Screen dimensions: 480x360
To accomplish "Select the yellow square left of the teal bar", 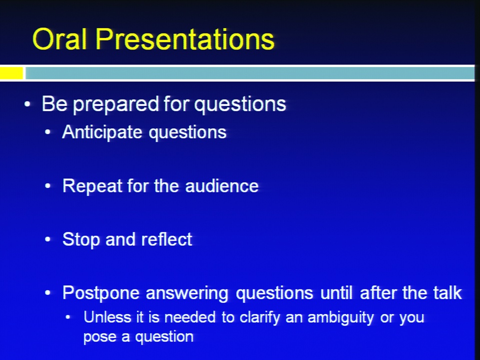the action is tap(11, 73).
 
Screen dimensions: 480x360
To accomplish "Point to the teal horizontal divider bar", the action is tap(250, 73).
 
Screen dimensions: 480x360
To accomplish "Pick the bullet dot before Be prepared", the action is tap(27, 104).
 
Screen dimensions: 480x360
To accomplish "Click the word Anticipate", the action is tap(102, 132).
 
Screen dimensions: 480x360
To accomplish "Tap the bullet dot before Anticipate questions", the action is tap(47, 132).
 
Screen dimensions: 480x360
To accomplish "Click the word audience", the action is tap(222, 186).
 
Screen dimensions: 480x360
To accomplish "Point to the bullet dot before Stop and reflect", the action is tap(47, 239).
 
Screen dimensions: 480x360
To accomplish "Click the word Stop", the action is tap(81, 239).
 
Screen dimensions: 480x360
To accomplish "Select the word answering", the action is tap(187, 293).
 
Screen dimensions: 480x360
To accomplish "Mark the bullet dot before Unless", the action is tap(68, 317).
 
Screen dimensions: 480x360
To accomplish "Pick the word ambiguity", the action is tap(340, 318).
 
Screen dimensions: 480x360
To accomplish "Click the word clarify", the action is tap(259, 318).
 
